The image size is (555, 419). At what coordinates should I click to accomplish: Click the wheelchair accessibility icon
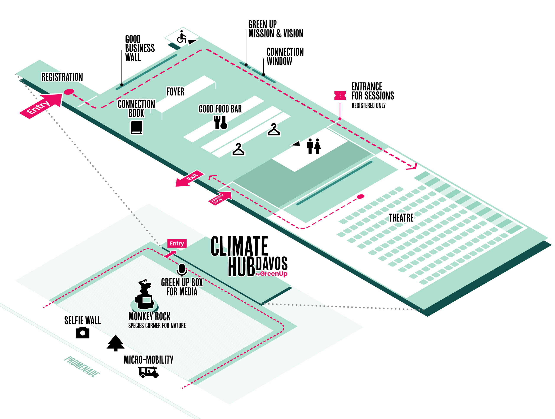pyautogui.click(x=182, y=37)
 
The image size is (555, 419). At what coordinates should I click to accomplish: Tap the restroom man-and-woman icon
pyautogui.click(x=314, y=146)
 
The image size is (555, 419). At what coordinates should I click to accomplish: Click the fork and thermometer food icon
pyautogui.click(x=220, y=123)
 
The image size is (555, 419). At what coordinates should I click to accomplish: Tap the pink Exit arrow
pyautogui.click(x=189, y=179)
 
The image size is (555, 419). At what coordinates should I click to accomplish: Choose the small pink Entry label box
pyautogui.click(x=177, y=243)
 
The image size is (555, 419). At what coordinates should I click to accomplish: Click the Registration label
pyautogui.click(x=62, y=77)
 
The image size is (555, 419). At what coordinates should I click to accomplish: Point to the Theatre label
pyautogui.click(x=401, y=218)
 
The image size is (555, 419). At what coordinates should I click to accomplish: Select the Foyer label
pyautogui.click(x=175, y=92)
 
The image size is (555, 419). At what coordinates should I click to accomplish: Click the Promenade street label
pyautogui.click(x=82, y=367)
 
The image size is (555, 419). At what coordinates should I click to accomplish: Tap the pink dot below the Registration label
pyautogui.click(x=69, y=92)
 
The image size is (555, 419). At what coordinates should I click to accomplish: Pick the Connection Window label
pyautogui.click(x=285, y=56)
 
